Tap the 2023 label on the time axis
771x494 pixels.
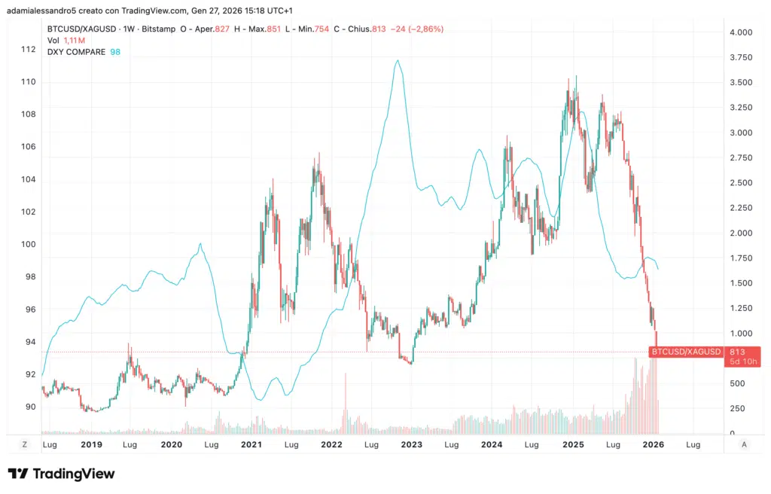(411, 445)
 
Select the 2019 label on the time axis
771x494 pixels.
(91, 445)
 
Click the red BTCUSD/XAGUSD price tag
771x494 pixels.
(686, 352)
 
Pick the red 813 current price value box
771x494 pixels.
(737, 352)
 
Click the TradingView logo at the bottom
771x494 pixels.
(62, 474)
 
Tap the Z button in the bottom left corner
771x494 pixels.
(25, 445)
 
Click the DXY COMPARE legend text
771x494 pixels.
(76, 52)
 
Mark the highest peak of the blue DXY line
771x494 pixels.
(398, 61)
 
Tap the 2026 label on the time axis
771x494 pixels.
(652, 445)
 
